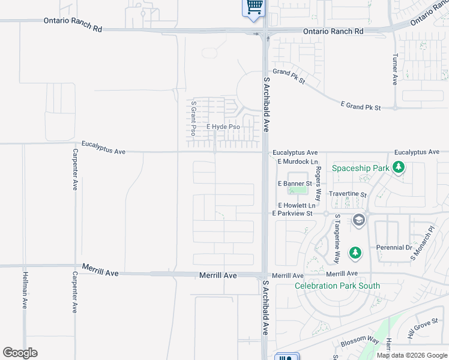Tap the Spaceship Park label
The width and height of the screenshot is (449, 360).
tap(361, 168)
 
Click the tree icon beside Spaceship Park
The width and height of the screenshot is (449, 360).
tap(398, 168)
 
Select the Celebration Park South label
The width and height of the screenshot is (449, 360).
tap(337, 286)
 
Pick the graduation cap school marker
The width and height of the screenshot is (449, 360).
tap(359, 220)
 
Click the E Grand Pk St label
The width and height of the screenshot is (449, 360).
tap(361, 106)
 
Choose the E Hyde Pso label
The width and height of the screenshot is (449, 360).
tap(223, 127)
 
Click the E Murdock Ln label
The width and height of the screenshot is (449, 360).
tap(297, 162)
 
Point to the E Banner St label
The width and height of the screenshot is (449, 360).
tap(295, 183)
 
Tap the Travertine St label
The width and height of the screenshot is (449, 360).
tap(348, 194)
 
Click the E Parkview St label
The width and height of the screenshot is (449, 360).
tap(292, 213)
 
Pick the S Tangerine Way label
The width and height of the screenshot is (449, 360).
tap(337, 238)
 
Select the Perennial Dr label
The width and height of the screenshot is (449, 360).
tap(394, 247)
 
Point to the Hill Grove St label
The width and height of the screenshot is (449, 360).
tap(423, 329)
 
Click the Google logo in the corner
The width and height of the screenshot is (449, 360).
tap(20, 352)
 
